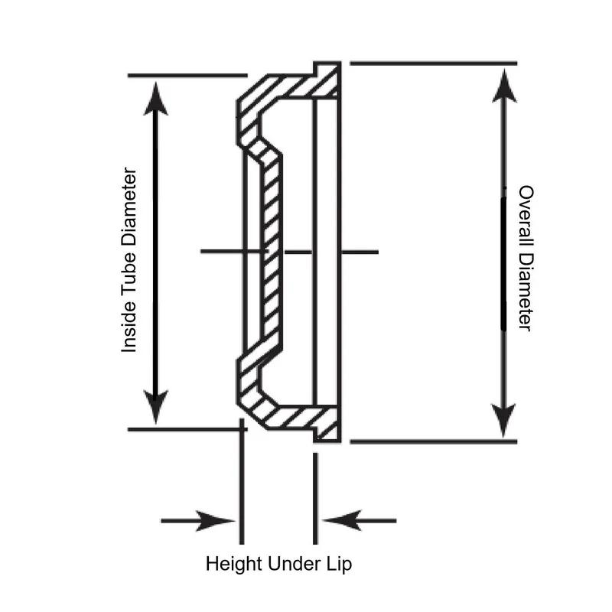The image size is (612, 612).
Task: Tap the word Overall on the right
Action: (525, 216)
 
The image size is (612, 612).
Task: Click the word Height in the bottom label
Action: (234, 565)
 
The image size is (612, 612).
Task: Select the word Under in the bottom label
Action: (291, 565)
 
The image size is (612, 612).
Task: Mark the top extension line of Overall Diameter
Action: (432, 63)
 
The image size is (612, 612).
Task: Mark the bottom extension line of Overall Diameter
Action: (432, 441)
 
